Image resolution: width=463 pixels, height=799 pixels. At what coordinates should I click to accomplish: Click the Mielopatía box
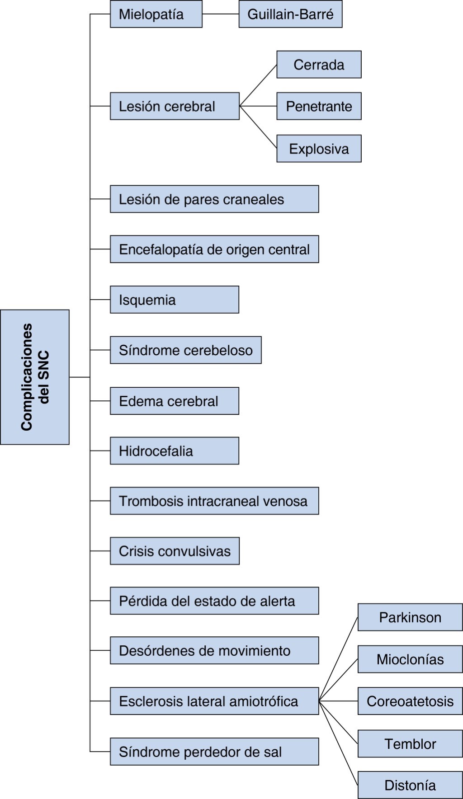point(156,14)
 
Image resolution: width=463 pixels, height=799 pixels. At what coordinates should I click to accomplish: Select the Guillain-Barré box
point(290,14)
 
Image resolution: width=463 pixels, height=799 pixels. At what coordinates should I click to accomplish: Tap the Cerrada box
point(319,65)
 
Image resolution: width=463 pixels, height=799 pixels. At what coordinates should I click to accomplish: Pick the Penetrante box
point(319,106)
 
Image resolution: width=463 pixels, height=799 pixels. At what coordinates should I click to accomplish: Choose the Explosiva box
point(319,149)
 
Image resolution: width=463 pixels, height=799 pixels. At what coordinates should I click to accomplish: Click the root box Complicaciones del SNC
point(35,377)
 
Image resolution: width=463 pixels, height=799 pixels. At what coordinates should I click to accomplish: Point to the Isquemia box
point(174,300)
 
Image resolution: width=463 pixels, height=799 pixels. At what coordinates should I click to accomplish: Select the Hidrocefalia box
point(174,451)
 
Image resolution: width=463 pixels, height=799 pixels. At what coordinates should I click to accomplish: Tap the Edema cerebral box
point(174,401)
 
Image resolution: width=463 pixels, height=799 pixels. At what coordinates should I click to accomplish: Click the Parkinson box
point(410,617)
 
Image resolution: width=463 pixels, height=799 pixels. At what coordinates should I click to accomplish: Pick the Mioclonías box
point(410,659)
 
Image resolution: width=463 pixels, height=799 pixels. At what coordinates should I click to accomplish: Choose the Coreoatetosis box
point(410,701)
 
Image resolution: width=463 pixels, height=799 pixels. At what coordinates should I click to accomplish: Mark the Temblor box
point(410,743)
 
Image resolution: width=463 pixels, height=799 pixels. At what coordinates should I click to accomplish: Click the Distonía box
point(410,785)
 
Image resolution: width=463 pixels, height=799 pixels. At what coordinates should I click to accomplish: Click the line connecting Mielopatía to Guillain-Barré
point(220,14)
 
